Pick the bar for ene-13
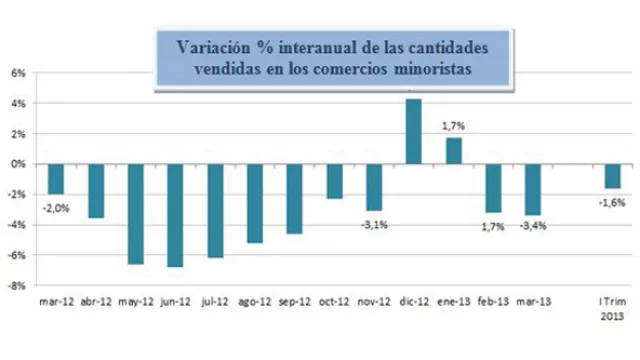pyautogui.click(x=453, y=150)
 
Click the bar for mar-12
pyautogui.click(x=56, y=178)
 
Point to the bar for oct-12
pyautogui.click(x=334, y=181)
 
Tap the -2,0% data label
pyautogui.click(x=56, y=206)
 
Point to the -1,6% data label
pyautogui.click(x=611, y=201)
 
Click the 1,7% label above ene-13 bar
pyautogui.click(x=453, y=126)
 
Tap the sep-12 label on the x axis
pyautogui.click(x=294, y=298)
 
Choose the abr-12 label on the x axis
pyautogui.click(x=96, y=298)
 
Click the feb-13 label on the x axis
pyautogui.click(x=492, y=298)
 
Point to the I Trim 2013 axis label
pyautogui.click(x=610, y=304)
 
